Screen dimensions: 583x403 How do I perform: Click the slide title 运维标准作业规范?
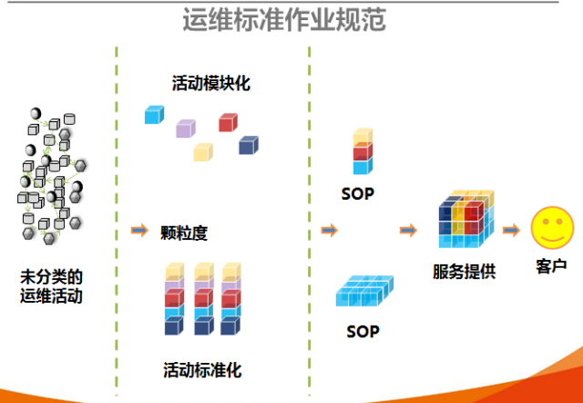coord(284,20)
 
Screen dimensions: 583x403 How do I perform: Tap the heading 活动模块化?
coord(211,83)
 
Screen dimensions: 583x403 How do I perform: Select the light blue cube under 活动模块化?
coord(154,115)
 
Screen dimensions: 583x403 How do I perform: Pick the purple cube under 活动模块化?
coord(186,129)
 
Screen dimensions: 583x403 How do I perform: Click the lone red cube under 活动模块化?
coord(228,122)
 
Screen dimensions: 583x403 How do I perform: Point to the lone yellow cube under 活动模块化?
coord(203,152)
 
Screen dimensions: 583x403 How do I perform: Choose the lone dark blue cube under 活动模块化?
coord(249,145)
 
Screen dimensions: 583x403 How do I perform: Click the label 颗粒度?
coord(184,233)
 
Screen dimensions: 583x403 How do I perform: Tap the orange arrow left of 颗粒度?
coord(139,231)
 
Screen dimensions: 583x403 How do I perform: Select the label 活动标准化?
coord(202,370)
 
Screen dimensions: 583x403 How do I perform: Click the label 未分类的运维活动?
coord(51,286)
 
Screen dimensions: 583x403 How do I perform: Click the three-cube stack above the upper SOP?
coord(363,151)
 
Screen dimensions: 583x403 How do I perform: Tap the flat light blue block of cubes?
coord(364,291)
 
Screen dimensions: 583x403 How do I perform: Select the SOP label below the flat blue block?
coord(363,332)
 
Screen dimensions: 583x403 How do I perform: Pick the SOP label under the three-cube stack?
coord(358,194)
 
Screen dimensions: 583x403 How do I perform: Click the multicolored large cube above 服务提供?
coord(466,219)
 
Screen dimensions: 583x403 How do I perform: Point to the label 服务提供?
coord(464,272)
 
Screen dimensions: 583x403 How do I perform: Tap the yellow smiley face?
coord(552,228)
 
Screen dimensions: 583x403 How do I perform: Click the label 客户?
coord(551,266)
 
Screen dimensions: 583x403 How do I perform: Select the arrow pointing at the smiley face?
coord(511,231)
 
